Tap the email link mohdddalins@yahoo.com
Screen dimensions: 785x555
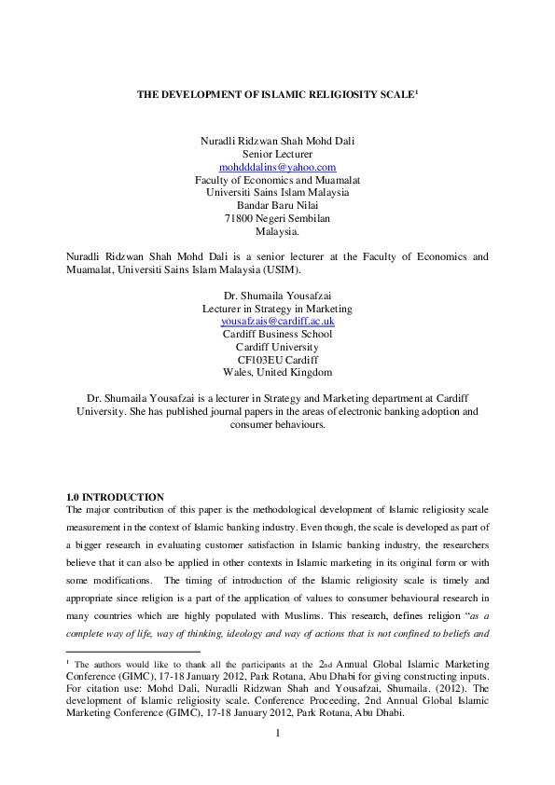pos(277,167)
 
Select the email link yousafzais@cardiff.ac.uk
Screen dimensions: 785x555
pos(277,321)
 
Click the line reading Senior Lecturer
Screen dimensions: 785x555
pos(277,154)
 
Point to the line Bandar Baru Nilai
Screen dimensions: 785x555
pos(277,205)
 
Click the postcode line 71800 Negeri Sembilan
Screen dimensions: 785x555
pos(277,218)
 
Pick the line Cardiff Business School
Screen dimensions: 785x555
pos(277,334)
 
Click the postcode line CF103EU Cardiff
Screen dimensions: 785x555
pos(277,359)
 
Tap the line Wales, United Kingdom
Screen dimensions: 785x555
pos(277,372)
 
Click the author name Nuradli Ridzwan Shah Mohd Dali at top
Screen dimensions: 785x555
pos(277,141)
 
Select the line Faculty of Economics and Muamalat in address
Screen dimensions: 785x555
pos(277,179)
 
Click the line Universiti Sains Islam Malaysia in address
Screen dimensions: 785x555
pos(277,192)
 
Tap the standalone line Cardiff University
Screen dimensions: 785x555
pos(277,347)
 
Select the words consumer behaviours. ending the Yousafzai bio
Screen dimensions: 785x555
pos(277,424)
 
